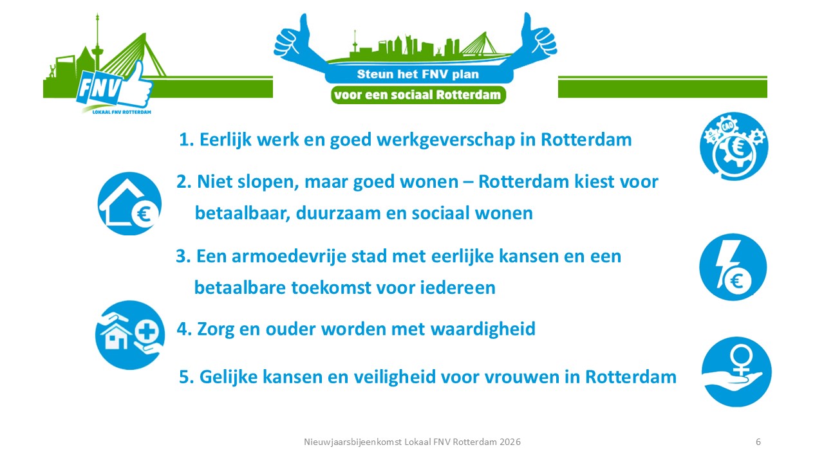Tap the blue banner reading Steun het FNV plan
click(x=418, y=74)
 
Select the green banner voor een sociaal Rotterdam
click(x=418, y=95)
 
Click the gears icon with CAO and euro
click(x=733, y=146)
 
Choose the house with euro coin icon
click(x=129, y=203)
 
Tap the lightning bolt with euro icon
click(x=733, y=267)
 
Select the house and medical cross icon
click(x=129, y=335)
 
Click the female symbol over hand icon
click(x=736, y=372)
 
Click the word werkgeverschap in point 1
click(x=445, y=140)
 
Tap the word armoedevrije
click(x=289, y=257)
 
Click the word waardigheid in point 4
click(x=483, y=329)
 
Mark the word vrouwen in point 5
click(x=521, y=377)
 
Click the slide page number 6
click(x=758, y=442)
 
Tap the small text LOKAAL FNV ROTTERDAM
click(x=122, y=112)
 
